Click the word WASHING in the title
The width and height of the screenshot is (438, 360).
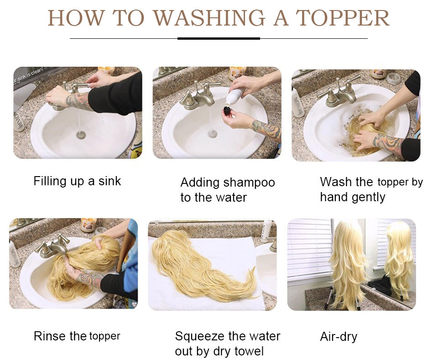[x=209, y=18]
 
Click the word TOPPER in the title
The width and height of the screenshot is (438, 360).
[x=342, y=18]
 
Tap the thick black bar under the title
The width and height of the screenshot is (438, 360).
[x=219, y=38]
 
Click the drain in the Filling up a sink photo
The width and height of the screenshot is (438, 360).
[x=81, y=136]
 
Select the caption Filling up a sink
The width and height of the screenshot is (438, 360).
[x=77, y=181]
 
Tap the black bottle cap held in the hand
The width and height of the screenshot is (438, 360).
[x=227, y=111]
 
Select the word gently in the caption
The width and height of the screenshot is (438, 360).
[x=369, y=198]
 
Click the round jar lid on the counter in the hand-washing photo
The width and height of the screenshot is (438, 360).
[x=394, y=78]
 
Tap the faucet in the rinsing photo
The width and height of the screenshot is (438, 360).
[x=53, y=246]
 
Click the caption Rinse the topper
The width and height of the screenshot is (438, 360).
[x=77, y=336]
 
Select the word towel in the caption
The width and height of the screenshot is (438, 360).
[x=249, y=351]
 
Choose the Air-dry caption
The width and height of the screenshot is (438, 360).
[x=339, y=337]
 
